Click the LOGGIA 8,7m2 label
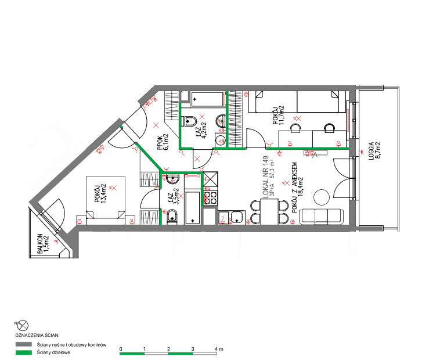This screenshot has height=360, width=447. tap(375, 151)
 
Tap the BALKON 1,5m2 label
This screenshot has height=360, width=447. tap(43, 244)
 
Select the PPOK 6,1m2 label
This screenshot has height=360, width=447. tap(163, 142)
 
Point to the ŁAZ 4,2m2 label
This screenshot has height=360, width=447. tap(201, 130)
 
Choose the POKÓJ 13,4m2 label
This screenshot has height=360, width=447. tap(100, 193)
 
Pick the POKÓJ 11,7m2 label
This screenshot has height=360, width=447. tap(278, 115)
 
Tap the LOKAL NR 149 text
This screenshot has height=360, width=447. tap(265, 177)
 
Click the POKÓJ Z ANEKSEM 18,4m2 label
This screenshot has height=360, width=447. tap(297, 188)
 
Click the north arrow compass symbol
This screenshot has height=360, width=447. tap(23, 325)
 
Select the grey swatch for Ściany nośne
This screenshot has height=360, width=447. tap(24, 344)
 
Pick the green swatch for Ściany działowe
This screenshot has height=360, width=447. tap(24, 352)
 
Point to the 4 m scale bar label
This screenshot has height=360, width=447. tap(219, 349)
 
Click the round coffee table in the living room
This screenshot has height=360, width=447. tap(322, 197)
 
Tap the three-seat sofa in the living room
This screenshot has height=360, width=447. tap(321, 217)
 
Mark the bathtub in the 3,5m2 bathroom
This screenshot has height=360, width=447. tap(192, 207)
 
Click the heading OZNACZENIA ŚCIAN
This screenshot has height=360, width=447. tap(37, 336)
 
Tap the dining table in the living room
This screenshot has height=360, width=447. tap(269, 212)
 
